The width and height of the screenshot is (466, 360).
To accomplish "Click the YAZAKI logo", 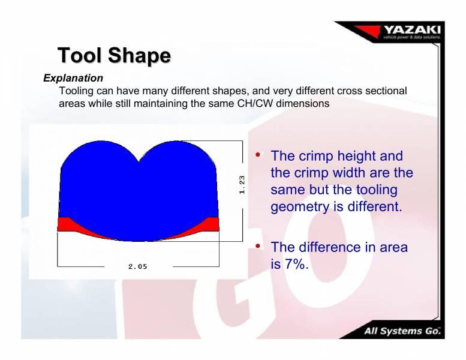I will coord(411,31).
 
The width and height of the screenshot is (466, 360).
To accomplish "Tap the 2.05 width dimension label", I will coord(137,267).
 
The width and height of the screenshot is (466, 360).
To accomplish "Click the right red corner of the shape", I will coord(211,224).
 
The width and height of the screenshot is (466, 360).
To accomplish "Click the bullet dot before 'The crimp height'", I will coord(258,155).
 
